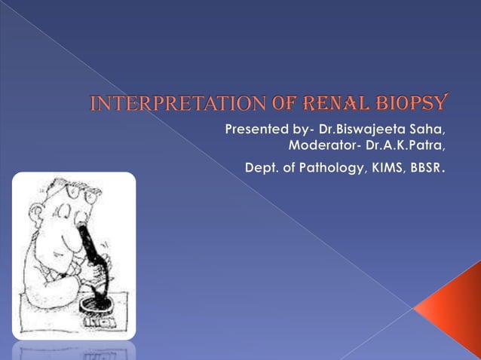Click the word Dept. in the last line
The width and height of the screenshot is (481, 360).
click(x=262, y=166)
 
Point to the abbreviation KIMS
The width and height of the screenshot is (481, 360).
click(x=387, y=166)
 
